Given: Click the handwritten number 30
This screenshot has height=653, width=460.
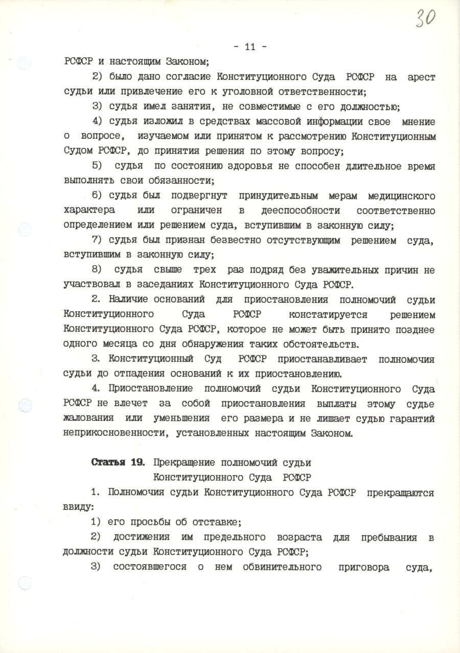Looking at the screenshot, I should click(x=425, y=18).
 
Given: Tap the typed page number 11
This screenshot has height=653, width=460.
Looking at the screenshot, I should click(x=250, y=47).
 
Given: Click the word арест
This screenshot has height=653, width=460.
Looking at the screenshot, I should click(x=422, y=77).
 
